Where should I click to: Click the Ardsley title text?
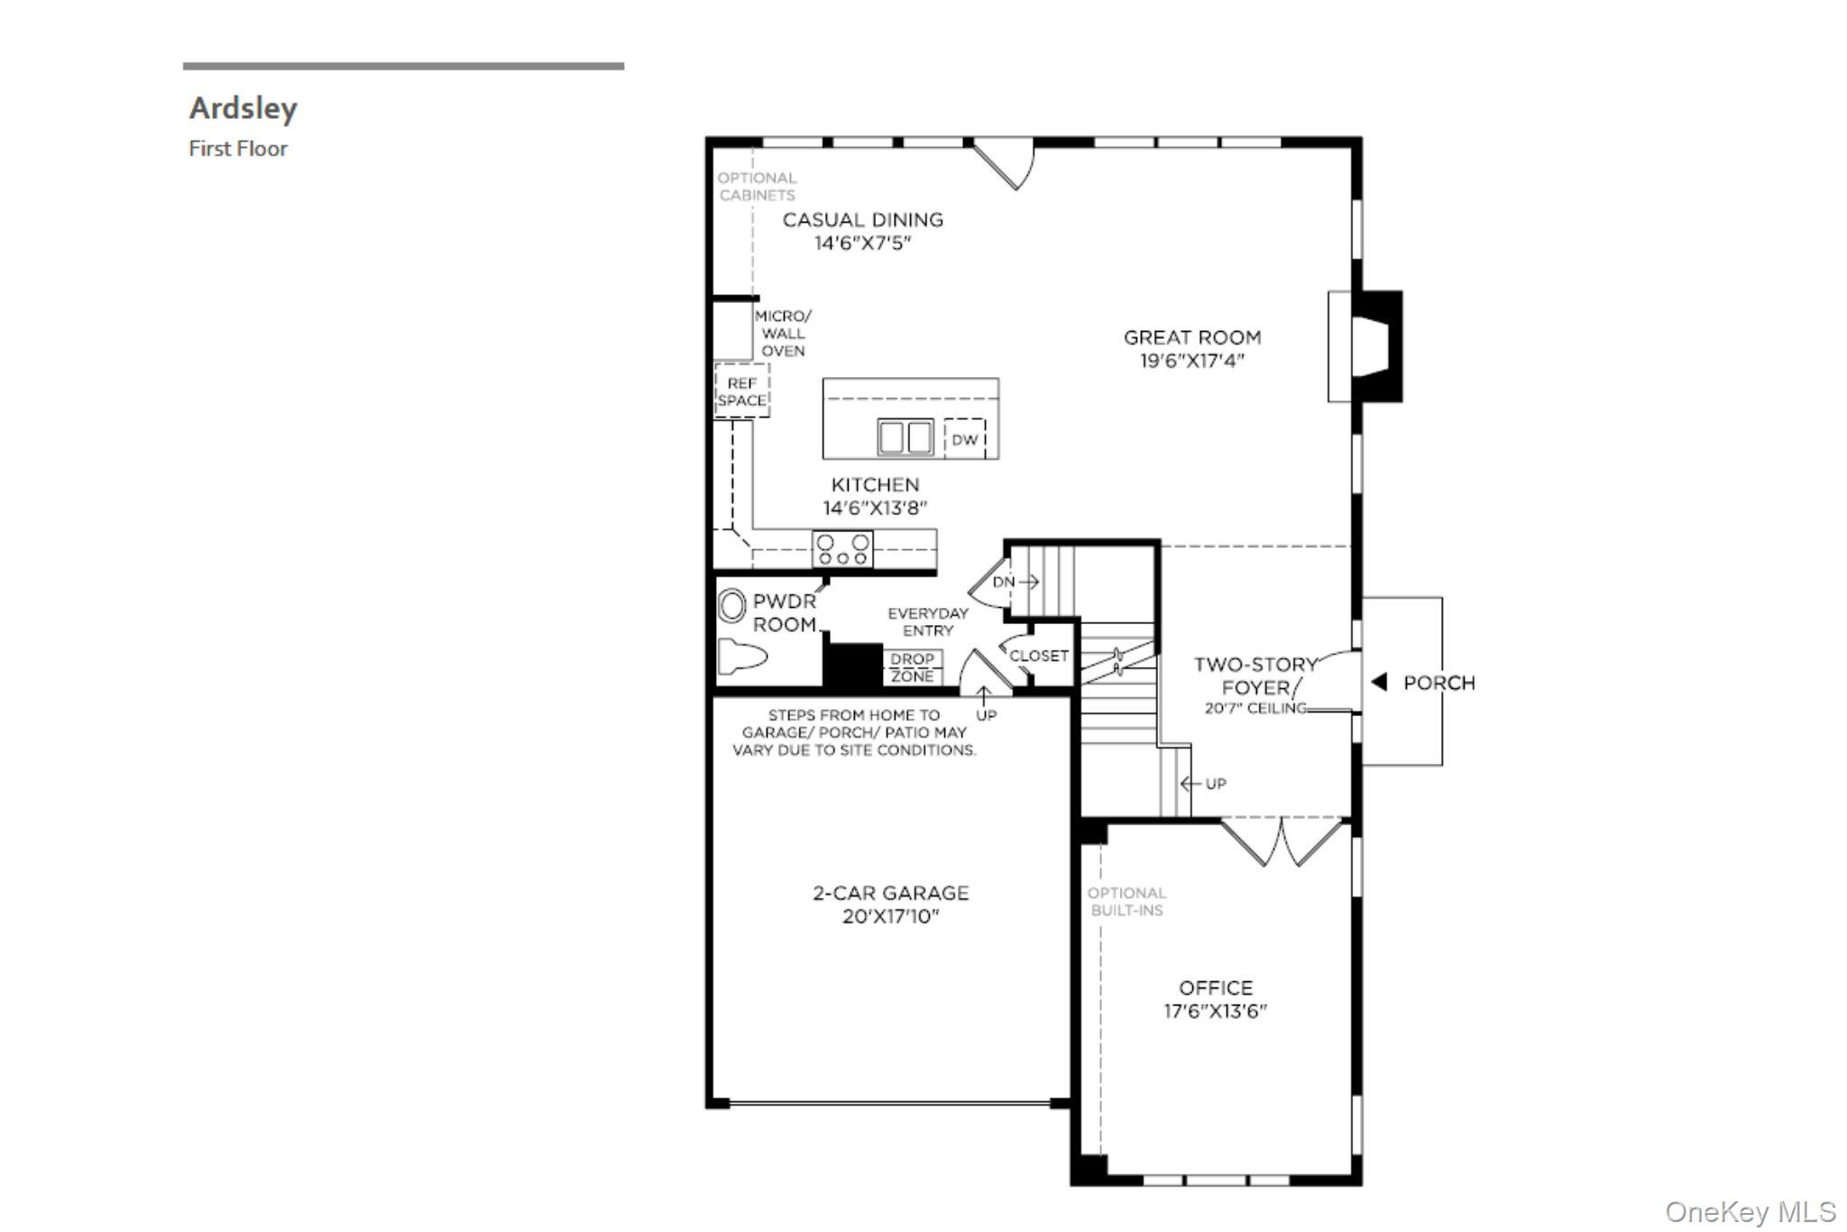pyautogui.click(x=243, y=108)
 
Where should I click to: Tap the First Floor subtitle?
pyautogui.click(x=238, y=149)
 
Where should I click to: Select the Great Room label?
pyautogui.click(x=1191, y=337)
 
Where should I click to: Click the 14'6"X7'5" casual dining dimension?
pyautogui.click(x=862, y=244)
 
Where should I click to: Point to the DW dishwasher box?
pyautogui.click(x=964, y=440)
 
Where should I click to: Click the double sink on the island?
pyautogui.click(x=905, y=438)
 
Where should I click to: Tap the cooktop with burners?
pyautogui.click(x=842, y=549)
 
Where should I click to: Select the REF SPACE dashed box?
pyautogui.click(x=741, y=391)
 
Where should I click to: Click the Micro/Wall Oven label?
pyautogui.click(x=783, y=334)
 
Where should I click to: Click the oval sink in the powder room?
pyautogui.click(x=731, y=606)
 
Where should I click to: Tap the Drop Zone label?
pyautogui.click(x=912, y=667)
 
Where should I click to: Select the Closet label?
pyautogui.click(x=1038, y=656)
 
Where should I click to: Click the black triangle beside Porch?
pyautogui.click(x=1379, y=683)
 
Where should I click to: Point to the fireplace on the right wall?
pyautogui.click(x=1371, y=346)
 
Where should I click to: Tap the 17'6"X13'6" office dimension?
pyautogui.click(x=1215, y=1011)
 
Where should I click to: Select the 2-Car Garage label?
pyautogui.click(x=890, y=893)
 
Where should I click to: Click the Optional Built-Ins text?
pyautogui.click(x=1126, y=902)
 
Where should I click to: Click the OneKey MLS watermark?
pyautogui.click(x=1750, y=1211)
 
